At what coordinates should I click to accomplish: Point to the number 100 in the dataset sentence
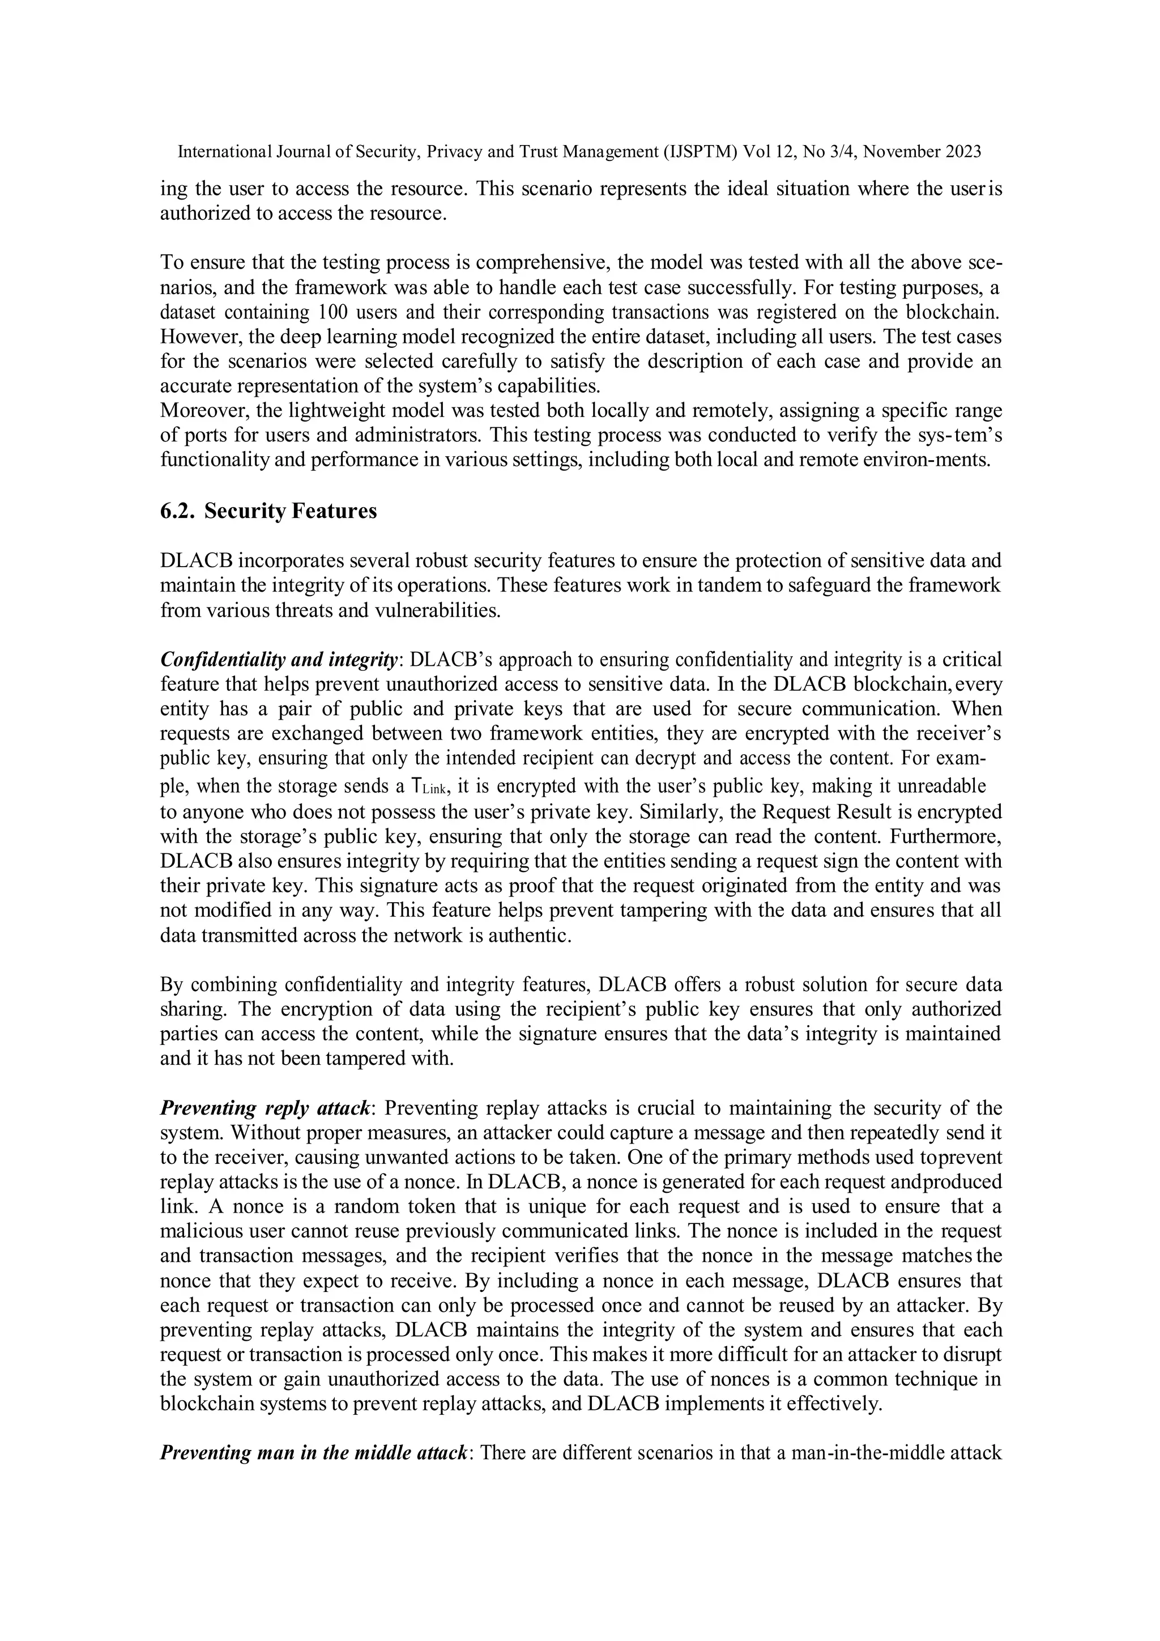pos(331,313)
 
